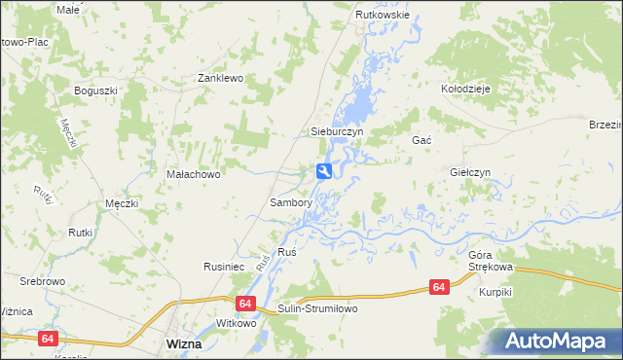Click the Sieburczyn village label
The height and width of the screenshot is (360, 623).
pyautogui.click(x=336, y=130)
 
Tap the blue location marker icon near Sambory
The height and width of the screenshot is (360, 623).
pyautogui.click(x=324, y=171)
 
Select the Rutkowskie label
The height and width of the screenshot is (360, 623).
pyautogui.click(x=383, y=17)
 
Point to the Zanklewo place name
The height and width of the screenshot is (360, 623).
pyautogui.click(x=220, y=78)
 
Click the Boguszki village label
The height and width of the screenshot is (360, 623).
pyautogui.click(x=95, y=90)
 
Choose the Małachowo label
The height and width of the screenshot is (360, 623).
pyautogui.click(x=195, y=174)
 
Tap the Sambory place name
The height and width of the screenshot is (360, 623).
pyautogui.click(x=290, y=203)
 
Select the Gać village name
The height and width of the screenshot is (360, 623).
pyautogui.click(x=421, y=141)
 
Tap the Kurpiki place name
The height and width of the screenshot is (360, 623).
pyautogui.click(x=495, y=291)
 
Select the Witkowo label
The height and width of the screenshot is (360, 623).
pyautogui.click(x=235, y=323)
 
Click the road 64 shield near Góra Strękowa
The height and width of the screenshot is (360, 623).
pyautogui.click(x=439, y=287)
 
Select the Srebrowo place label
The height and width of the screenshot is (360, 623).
pyautogui.click(x=42, y=281)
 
